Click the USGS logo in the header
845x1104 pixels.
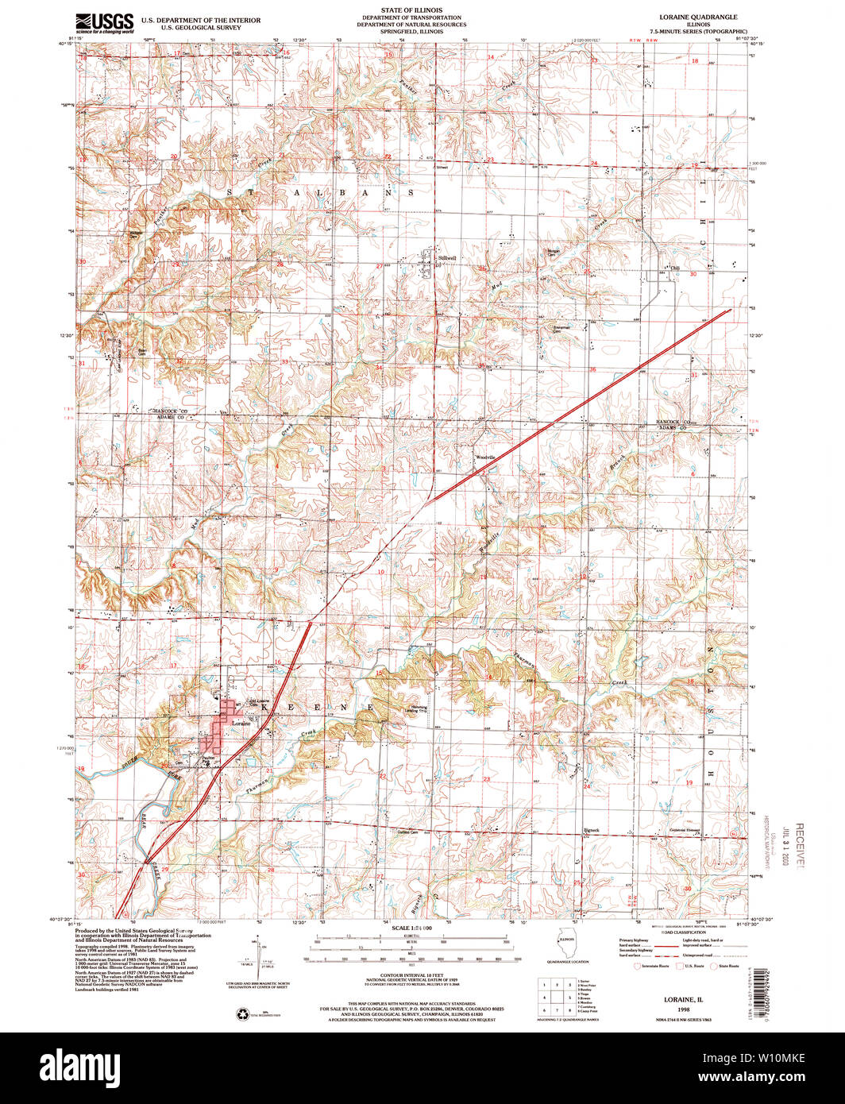[x=104, y=21]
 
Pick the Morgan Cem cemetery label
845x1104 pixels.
[x=553, y=254]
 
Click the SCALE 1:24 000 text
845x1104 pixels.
[x=411, y=928]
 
